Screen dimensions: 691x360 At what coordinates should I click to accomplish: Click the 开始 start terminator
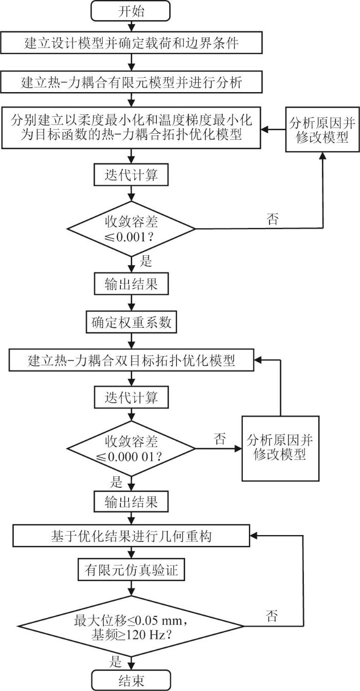tap(133, 11)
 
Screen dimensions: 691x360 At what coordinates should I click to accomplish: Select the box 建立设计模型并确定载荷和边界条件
tap(133, 44)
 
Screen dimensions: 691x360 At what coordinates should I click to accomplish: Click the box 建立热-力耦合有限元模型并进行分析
tap(133, 82)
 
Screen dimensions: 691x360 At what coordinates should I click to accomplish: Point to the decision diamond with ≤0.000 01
tap(133, 449)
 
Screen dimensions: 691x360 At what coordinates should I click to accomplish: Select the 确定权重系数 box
tap(133, 323)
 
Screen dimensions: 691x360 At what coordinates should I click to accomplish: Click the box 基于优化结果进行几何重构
tap(133, 536)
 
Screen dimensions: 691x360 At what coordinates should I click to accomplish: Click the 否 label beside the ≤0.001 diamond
tap(273, 219)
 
